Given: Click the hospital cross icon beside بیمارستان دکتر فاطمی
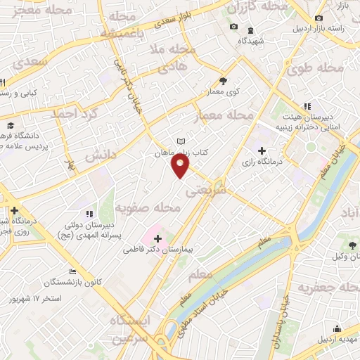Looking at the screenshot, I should pyautogui.click(x=157, y=238).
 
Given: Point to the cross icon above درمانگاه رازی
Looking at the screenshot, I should pyautogui.click(x=262, y=150).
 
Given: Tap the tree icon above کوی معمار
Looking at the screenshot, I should pyautogui.click(x=224, y=81).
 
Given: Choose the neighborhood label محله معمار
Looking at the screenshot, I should pyautogui.click(x=231, y=114).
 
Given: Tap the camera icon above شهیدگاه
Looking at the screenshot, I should pyautogui.click(x=234, y=27).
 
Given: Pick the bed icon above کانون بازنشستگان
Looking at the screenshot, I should pyautogui.click(x=72, y=272).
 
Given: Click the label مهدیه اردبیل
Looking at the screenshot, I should pyautogui.click(x=336, y=340).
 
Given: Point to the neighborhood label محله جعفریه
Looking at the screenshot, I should pyautogui.click(x=328, y=288).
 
